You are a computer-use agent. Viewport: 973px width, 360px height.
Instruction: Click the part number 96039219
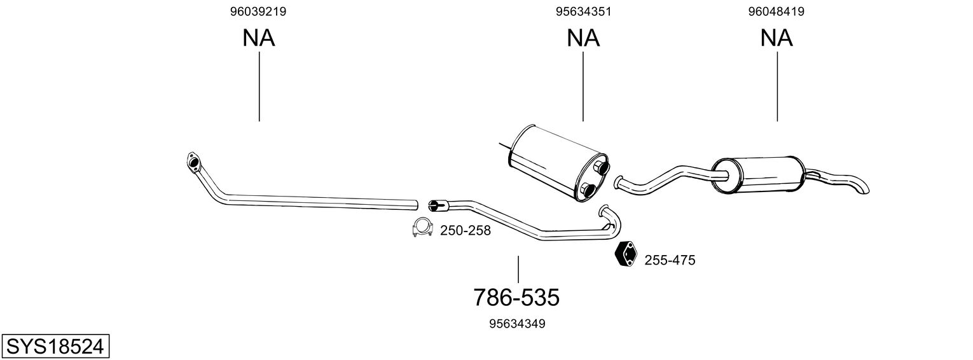(x=258, y=11)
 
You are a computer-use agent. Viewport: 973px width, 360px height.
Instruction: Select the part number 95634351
(x=583, y=11)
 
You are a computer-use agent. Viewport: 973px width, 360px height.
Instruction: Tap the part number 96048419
(x=776, y=11)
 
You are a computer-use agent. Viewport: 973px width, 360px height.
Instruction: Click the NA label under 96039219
(x=258, y=38)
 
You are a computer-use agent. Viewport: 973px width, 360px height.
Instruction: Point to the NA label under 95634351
(x=583, y=38)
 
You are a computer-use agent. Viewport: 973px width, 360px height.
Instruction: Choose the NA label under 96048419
(x=776, y=38)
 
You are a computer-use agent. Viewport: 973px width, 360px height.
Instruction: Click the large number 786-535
(x=516, y=297)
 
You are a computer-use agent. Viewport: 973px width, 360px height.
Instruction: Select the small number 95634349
(x=517, y=324)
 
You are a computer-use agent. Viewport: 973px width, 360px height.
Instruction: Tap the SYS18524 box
(x=55, y=347)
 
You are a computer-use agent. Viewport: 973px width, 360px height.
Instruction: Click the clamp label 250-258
(x=466, y=231)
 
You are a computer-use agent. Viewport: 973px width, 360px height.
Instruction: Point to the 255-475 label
(x=670, y=260)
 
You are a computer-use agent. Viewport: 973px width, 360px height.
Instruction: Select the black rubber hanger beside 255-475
(x=626, y=254)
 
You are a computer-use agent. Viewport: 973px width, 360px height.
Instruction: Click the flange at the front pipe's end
(x=193, y=161)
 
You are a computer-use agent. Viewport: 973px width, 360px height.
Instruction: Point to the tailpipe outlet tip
(x=861, y=189)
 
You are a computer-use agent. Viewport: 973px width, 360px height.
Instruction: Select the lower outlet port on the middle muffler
(x=588, y=190)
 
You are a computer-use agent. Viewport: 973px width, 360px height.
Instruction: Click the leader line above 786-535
(x=518, y=269)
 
